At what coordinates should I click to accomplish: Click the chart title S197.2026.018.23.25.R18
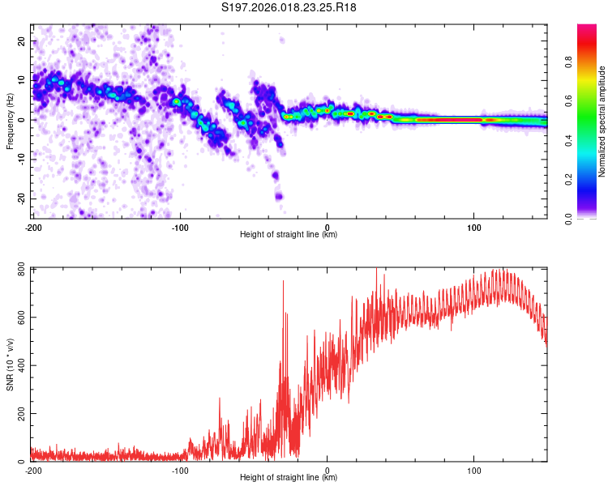(289, 8)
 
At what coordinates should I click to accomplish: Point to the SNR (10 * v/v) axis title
(10, 364)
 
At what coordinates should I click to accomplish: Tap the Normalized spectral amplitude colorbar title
(602, 122)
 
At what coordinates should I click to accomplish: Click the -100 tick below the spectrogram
(179, 227)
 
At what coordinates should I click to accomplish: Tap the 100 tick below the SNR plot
(475, 470)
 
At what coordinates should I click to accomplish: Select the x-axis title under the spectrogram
(289, 235)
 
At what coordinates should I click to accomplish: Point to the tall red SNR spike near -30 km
(283, 283)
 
